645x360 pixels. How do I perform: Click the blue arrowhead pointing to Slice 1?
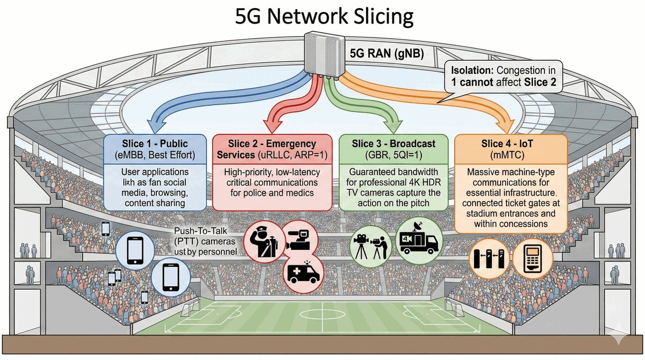point(153,126)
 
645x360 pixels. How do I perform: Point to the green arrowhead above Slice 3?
point(397,127)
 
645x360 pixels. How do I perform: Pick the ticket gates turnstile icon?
point(489,259)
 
